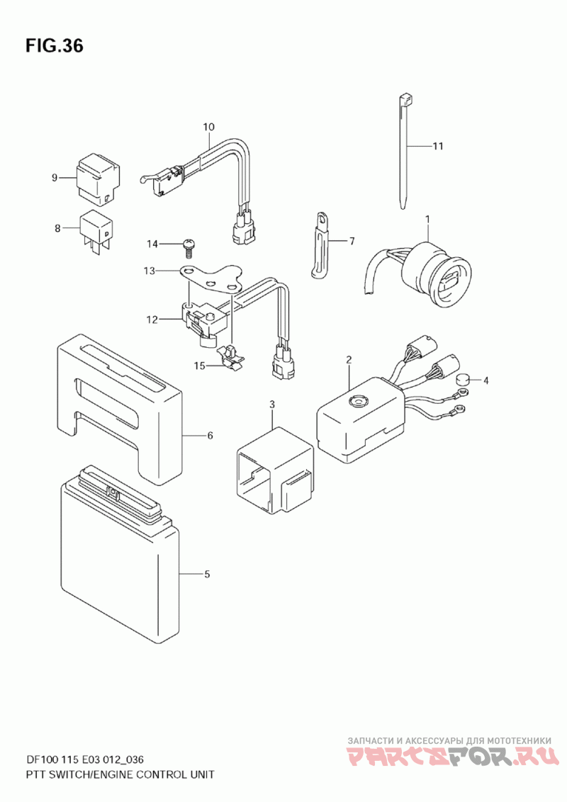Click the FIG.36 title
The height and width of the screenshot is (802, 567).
pos(55,47)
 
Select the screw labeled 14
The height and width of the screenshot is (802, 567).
pos(189,244)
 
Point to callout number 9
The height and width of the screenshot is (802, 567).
pos(54,177)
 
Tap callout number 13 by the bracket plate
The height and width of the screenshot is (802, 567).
pos(148,271)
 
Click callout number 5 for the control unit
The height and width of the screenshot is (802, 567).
pos(206,574)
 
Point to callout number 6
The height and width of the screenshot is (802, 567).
pos(210,435)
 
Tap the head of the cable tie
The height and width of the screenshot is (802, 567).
pos(405,100)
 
